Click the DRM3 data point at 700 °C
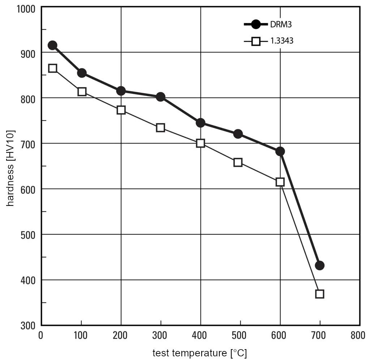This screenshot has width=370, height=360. coord(319,265)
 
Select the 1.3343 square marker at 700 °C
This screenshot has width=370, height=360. coord(319,293)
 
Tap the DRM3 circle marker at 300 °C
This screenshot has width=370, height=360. coord(160,97)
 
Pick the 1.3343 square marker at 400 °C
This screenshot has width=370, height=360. coord(201,143)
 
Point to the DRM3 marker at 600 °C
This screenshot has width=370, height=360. coord(280,151)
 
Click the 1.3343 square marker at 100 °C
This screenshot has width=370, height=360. coord(82,92)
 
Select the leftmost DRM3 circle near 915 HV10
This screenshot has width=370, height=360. coord(52,45)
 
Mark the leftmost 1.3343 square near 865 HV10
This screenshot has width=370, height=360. coord(52,68)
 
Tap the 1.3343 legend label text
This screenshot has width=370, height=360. coord(281,41)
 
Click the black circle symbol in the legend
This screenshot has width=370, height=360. coord(256,25)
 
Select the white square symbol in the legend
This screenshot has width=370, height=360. coord(256,41)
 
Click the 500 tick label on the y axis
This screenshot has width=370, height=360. coord(28,234)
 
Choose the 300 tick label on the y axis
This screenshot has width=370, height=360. coord(28,325)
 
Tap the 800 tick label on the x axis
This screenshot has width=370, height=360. coord(358,335)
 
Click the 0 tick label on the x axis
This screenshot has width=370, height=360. coord(41,335)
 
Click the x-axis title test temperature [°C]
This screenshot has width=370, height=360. coord(199,353)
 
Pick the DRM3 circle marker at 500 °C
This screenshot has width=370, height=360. coord(238,134)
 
